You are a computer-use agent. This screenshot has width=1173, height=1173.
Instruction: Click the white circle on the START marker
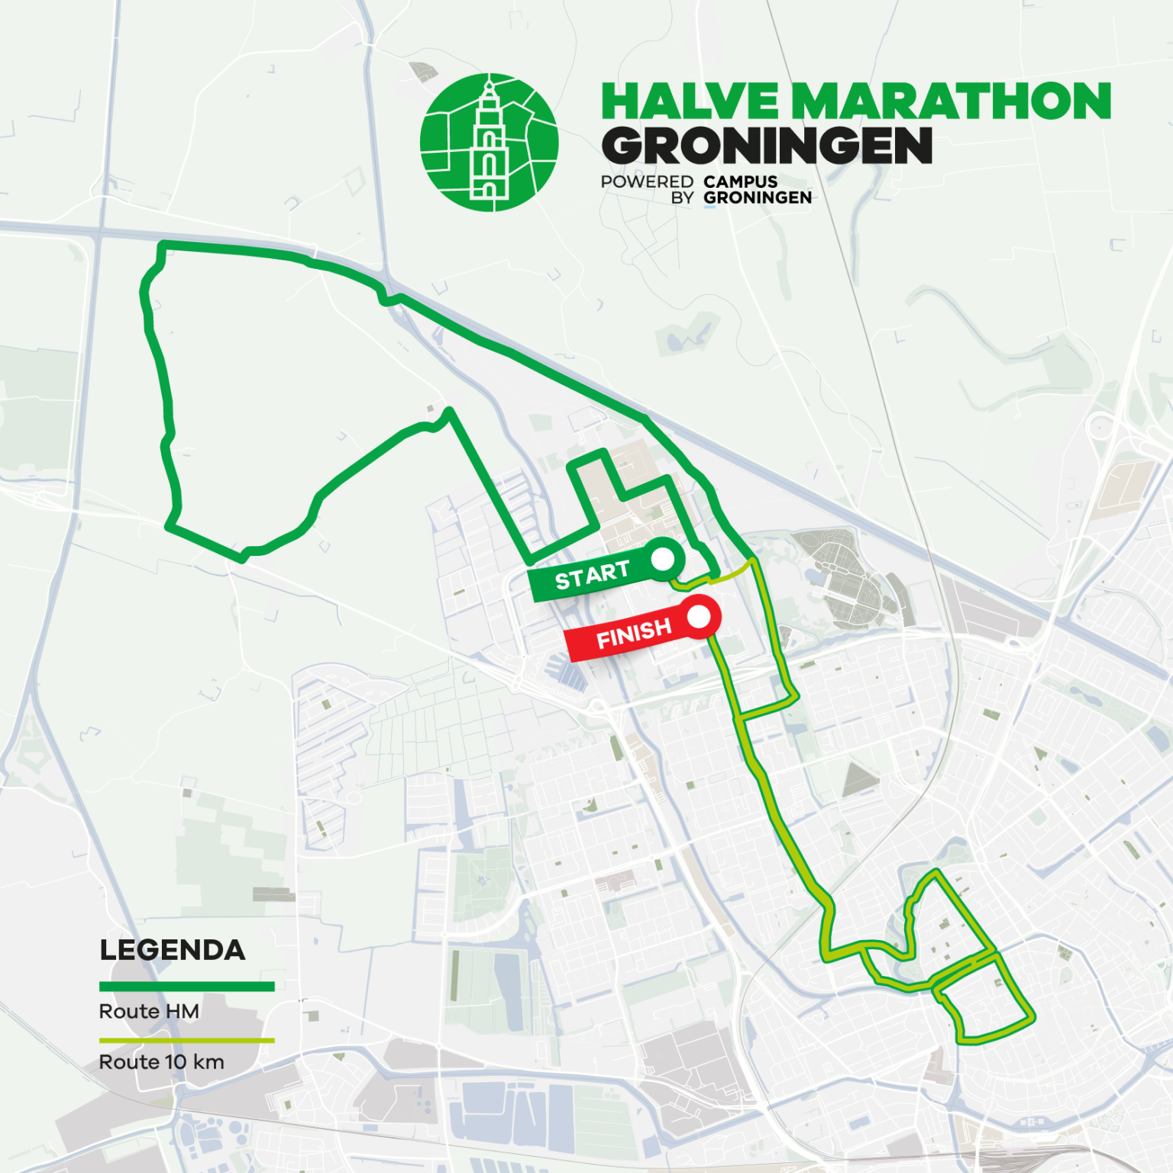pos(663,559)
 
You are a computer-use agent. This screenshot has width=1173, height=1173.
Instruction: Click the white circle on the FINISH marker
pos(699,616)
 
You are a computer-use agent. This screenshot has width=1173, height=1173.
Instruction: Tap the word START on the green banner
pos(592,575)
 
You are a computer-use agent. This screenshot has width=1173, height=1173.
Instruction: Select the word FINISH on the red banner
pos(634,633)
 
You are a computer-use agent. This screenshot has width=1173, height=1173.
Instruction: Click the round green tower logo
pos(489,142)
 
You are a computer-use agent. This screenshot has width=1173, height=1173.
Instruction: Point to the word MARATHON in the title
pos(950,102)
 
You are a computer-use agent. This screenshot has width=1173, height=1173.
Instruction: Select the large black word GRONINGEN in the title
pos(767,146)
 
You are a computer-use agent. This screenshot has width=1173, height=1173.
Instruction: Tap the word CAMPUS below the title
pos(740,182)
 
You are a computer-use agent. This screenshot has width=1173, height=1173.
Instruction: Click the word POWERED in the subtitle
pos(647,182)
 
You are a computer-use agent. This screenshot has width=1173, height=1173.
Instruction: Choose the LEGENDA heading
pos(173,950)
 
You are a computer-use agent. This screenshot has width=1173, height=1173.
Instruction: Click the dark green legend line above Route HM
pos(186,987)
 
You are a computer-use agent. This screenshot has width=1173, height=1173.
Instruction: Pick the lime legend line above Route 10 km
pos(186,1040)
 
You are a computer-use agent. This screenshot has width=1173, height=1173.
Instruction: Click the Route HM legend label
pos(149,1011)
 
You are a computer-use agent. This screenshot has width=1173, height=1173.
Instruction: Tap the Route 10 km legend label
pos(161,1062)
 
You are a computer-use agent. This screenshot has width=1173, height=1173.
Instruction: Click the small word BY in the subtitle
pos(682,198)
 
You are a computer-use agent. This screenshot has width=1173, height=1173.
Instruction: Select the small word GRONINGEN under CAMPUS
pos(757,198)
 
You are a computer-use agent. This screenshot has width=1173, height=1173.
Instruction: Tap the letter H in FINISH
pos(662,627)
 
